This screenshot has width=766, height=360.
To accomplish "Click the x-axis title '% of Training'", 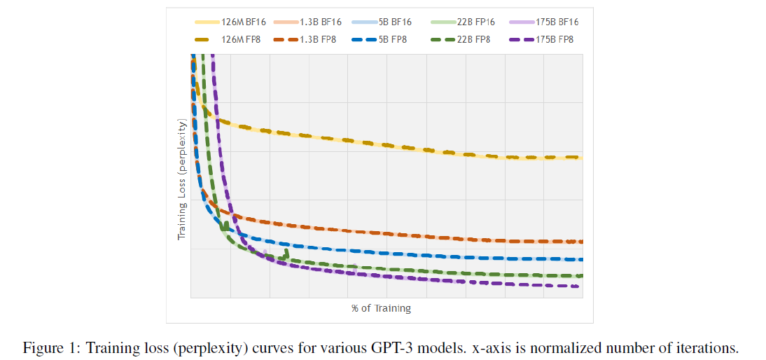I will [381, 308].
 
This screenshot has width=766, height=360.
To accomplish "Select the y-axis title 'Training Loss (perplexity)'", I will [182, 181].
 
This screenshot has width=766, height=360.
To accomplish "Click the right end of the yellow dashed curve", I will [581, 158].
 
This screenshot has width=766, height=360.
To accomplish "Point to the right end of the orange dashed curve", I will [581, 242].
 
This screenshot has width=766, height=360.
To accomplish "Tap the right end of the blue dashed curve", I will [581, 260].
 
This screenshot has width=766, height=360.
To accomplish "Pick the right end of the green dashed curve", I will [580, 276].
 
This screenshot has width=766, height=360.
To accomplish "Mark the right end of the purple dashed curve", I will [578, 286].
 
